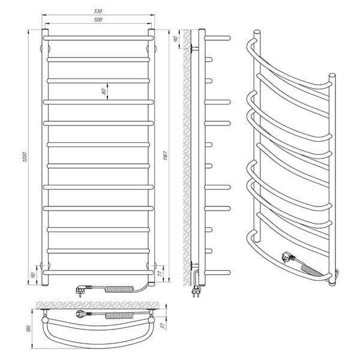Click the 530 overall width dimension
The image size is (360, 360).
(98, 11)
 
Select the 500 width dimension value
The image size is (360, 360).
(98, 20)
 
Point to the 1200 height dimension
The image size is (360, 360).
(25, 157)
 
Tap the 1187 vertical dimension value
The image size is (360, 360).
(166, 157)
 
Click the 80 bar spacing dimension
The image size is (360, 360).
(104, 91)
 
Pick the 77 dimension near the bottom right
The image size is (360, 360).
(160, 273)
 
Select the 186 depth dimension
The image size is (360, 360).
(28, 328)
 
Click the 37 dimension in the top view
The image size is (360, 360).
(163, 326)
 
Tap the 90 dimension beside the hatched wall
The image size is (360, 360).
(176, 39)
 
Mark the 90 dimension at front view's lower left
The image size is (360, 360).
(33, 275)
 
